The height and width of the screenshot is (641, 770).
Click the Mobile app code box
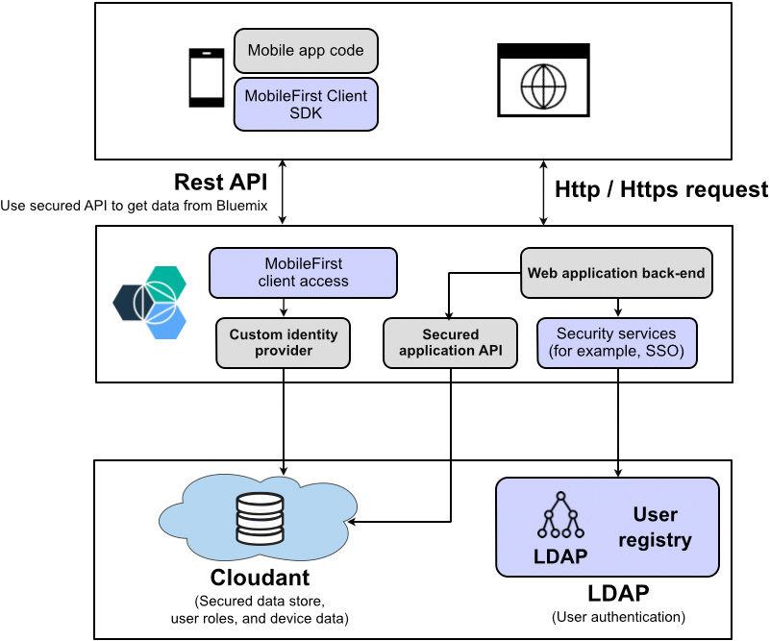pos(306,50)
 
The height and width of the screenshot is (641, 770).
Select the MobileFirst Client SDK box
pos(306,104)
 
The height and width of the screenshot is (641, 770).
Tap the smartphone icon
pos(206,77)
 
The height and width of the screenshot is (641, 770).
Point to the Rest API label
pos(220,183)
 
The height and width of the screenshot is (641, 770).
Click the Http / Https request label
pos(661,189)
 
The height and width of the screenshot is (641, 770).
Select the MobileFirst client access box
pos(303,272)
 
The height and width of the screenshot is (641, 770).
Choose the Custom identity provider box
pos(284,342)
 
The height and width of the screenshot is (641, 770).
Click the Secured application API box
pos(451,342)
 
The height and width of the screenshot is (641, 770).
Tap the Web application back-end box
pos(616,273)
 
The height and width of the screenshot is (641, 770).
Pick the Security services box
pos(616,342)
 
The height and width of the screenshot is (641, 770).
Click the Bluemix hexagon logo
pos(149,299)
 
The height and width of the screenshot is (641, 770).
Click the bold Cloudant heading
pos(260,578)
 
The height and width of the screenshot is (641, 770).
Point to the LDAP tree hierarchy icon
pos(560,518)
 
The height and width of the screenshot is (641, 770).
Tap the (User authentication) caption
pos(618,616)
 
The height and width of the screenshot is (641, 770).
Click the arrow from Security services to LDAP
pos(616,423)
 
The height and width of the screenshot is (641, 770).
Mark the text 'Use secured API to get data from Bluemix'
pos(135,205)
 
